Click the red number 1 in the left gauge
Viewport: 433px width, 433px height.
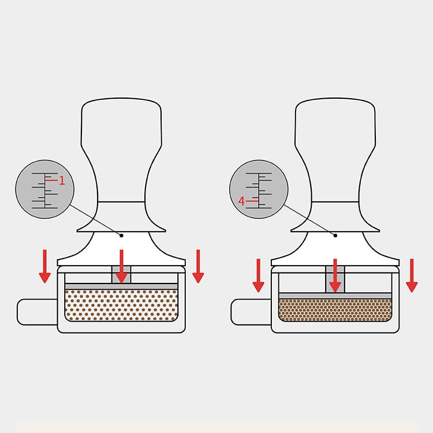click(x=62, y=181)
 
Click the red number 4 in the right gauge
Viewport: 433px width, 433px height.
click(x=242, y=201)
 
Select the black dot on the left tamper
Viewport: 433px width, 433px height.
click(x=121, y=235)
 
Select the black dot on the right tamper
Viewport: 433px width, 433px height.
click(x=335, y=235)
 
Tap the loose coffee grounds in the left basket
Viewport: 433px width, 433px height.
click(x=121, y=305)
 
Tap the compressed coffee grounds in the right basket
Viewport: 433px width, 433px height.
click(x=335, y=309)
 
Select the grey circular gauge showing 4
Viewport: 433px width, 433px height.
click(x=259, y=189)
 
